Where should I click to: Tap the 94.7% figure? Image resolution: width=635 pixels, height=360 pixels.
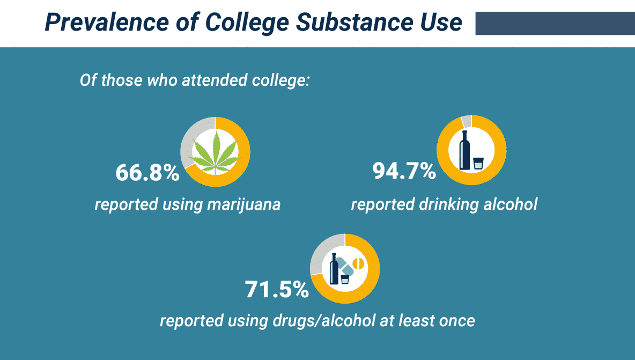pyautogui.click(x=404, y=171)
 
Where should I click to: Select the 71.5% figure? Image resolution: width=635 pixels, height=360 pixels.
pyautogui.click(x=277, y=289)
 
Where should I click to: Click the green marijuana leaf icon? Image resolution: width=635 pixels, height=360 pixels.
pyautogui.click(x=215, y=152)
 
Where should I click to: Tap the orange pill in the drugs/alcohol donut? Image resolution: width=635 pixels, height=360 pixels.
pyautogui.click(x=358, y=263)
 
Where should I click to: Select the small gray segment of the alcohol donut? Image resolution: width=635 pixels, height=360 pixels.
pyautogui.click(x=466, y=121)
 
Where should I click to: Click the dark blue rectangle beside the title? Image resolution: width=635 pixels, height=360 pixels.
pyautogui.click(x=555, y=24)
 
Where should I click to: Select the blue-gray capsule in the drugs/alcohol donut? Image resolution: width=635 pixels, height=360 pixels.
pyautogui.click(x=346, y=266)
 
